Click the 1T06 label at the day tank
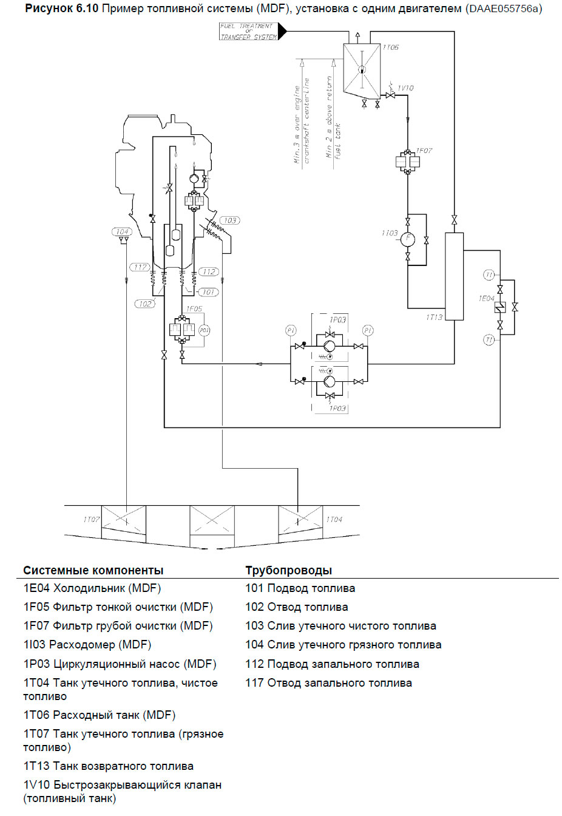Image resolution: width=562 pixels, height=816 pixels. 391,47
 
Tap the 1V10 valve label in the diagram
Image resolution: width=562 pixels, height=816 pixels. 405,88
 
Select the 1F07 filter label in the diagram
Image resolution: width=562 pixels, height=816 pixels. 424,151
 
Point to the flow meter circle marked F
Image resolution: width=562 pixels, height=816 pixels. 408,239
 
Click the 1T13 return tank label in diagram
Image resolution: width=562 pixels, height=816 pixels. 435,317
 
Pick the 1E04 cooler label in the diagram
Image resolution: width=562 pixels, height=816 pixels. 486,298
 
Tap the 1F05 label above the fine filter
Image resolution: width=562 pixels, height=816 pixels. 194,308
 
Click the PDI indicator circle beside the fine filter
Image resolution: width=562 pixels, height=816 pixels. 205,330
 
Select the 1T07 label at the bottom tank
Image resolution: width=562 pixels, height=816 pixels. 91,520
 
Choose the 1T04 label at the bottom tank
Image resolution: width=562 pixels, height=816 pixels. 334,520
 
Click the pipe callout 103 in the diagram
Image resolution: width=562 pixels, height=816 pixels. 230,220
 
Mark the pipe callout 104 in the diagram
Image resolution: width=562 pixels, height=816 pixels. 122,231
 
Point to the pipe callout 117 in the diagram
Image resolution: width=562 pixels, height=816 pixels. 140,267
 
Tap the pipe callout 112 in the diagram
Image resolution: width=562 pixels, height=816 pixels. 209,271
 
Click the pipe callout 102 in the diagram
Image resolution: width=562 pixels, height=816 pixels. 145,304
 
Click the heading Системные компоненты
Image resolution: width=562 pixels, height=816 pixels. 93,570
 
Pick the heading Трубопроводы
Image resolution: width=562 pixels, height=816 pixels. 288,570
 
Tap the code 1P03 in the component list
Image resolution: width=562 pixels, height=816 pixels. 36,664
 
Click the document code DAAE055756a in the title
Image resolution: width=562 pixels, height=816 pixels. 504,8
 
